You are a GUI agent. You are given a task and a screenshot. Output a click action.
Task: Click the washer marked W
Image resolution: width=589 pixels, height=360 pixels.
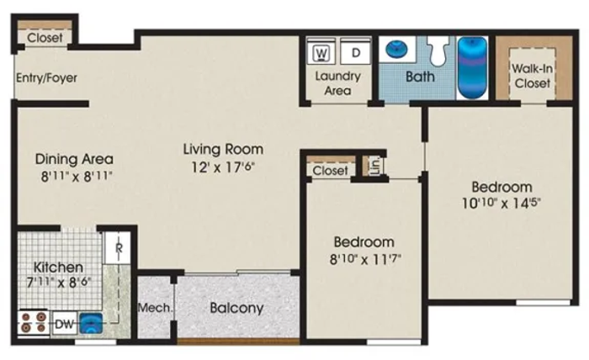(x=321, y=52)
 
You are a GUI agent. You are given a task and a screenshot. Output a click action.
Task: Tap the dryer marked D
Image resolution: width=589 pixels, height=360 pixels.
(x=355, y=52)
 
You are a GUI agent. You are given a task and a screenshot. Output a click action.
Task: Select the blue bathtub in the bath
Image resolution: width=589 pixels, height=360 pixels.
(x=472, y=67)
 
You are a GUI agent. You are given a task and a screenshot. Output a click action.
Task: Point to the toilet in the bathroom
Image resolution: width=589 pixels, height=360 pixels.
(x=439, y=50)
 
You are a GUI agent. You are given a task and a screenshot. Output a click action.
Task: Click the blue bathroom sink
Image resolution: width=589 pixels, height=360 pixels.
(x=396, y=49)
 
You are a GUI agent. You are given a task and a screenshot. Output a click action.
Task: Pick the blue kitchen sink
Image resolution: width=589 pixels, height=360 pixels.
(x=90, y=322)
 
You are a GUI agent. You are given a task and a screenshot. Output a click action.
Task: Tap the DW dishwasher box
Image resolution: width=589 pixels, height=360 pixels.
(x=64, y=323)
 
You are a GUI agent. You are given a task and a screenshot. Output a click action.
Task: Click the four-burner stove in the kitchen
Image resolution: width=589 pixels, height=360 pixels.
(x=33, y=322)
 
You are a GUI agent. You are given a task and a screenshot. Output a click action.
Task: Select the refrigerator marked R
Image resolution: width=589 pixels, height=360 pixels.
(x=118, y=248)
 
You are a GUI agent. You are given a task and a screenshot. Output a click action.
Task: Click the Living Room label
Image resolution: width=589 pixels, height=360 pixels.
(x=223, y=149)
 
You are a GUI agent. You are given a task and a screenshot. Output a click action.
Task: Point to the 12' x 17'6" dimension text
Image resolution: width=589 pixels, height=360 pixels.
(x=223, y=167)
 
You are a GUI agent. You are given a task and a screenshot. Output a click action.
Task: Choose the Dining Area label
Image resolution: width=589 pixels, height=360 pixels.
(x=74, y=159)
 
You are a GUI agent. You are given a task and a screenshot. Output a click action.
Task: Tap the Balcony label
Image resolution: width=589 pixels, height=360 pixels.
(x=236, y=308)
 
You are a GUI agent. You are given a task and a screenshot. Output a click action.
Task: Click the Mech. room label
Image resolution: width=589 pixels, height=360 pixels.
(x=156, y=308)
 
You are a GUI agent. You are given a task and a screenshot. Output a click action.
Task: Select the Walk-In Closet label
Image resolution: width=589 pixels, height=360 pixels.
(x=533, y=76)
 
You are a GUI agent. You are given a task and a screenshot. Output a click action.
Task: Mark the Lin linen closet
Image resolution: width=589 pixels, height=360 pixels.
(x=374, y=166)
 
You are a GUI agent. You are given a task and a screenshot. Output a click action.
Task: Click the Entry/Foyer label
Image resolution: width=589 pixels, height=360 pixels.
(x=46, y=77)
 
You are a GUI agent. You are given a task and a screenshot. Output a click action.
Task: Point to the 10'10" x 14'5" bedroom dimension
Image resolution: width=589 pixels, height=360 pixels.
(x=501, y=203)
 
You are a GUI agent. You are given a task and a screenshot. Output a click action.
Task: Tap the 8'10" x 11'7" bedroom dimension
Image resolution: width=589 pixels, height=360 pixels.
(x=365, y=259)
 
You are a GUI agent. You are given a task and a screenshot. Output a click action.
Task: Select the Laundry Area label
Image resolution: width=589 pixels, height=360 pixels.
(x=337, y=83)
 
